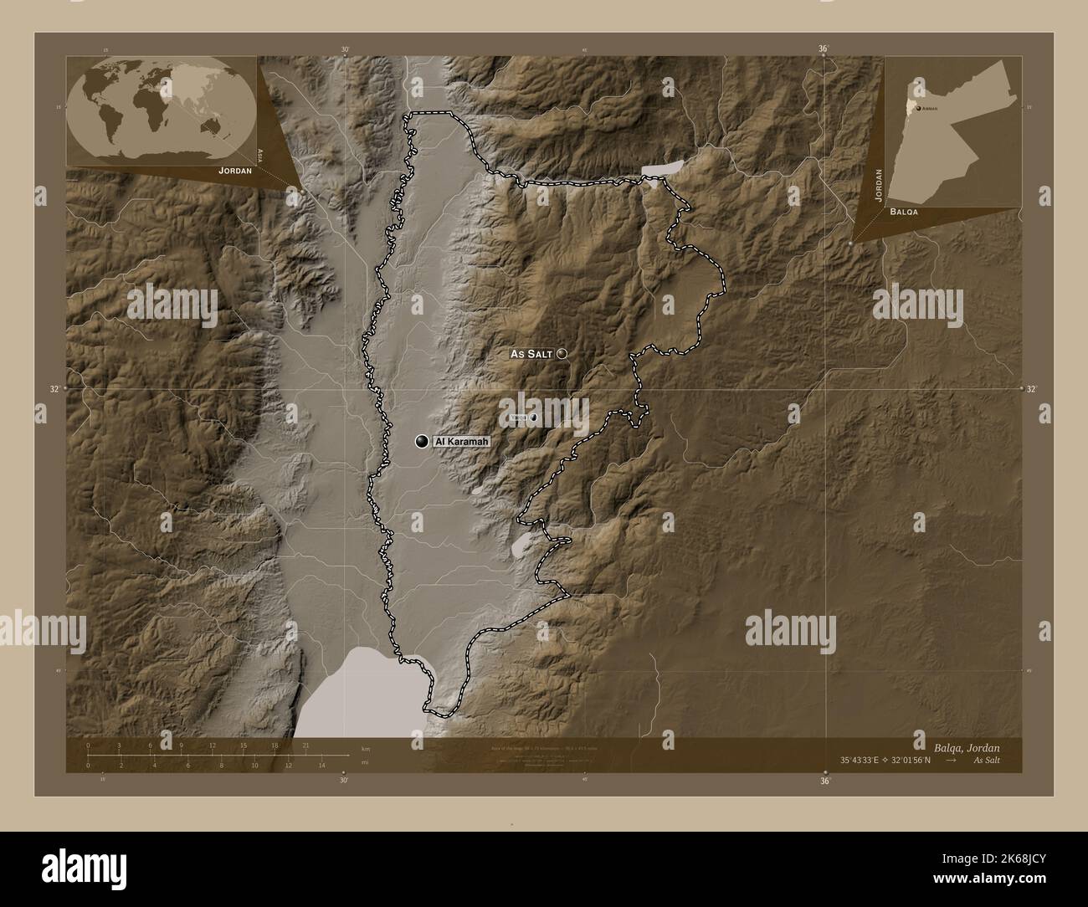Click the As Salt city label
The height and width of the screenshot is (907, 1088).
tap(531, 355)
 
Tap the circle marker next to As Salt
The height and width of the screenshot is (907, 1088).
tap(562, 354)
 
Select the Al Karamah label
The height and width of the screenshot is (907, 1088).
tap(460, 441)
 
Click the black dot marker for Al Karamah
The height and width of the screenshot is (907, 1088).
tap(422, 441)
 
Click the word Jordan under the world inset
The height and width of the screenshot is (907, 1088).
tap(234, 170)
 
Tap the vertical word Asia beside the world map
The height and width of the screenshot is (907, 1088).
tap(261, 154)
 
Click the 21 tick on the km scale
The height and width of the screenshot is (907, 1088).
tap(306, 745)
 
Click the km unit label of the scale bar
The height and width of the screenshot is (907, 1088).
tap(364, 747)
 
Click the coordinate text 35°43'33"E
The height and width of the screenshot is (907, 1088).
tap(868, 760)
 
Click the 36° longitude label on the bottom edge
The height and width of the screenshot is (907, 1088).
tap(824, 781)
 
